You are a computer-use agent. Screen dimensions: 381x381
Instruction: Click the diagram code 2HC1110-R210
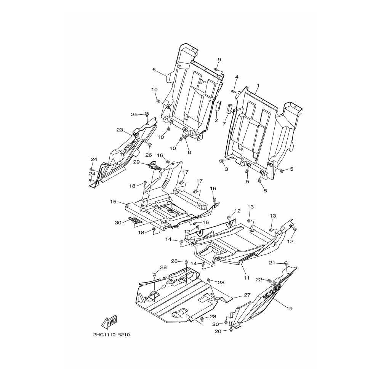[112, 335]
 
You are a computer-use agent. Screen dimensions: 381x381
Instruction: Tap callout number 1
[258, 85]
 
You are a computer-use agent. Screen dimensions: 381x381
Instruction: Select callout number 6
[154, 70]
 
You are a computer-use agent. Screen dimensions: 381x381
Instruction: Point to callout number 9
[219, 59]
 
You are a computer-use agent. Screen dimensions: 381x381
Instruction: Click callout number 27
[247, 295]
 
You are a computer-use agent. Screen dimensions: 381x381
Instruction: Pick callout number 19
[290, 309]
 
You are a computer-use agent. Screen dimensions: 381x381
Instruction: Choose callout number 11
[247, 278]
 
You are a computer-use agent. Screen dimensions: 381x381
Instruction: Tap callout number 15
[113, 202]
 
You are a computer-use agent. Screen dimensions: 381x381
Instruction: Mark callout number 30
[118, 223]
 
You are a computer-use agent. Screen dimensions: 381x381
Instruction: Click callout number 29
[136, 162]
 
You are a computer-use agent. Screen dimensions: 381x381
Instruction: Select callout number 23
[120, 130]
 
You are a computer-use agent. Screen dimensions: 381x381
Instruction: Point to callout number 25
[134, 114]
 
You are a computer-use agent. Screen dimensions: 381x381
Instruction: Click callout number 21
[272, 263]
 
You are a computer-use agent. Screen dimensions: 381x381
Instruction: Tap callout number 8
[189, 153]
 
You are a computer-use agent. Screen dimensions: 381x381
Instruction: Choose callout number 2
[216, 120]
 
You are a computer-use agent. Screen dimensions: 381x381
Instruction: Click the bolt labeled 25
[147, 114]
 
